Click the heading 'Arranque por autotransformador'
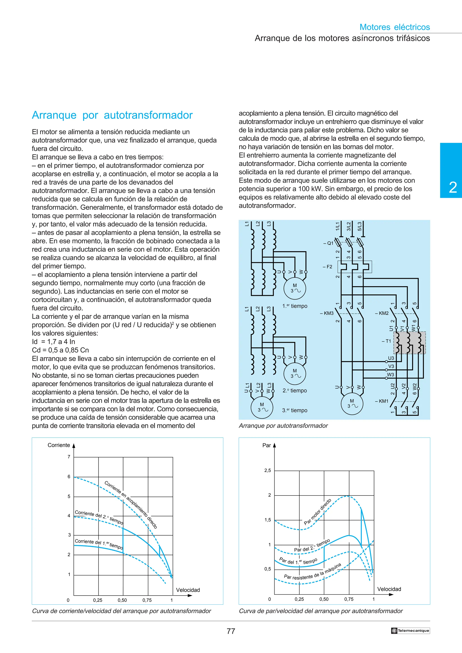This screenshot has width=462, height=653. click(112, 115)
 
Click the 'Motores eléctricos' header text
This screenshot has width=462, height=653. click(395, 27)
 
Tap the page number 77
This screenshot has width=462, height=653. click(231, 631)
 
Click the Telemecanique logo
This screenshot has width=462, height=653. click(410, 630)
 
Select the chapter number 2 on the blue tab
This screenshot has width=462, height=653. click(453, 188)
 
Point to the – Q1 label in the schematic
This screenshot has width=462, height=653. click(328, 243)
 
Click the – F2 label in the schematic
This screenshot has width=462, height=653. click(328, 267)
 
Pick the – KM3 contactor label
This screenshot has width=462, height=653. click(327, 313)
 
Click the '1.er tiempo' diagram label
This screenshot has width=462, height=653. click(295, 306)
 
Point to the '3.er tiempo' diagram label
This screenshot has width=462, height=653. click(295, 410)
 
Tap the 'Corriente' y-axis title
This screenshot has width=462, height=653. click(59, 445)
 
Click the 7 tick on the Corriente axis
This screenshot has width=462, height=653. click(69, 457)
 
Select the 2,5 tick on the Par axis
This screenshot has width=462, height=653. click(268, 470)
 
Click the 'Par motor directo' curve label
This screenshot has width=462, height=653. click(317, 511)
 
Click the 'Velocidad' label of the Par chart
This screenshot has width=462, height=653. click(389, 589)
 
